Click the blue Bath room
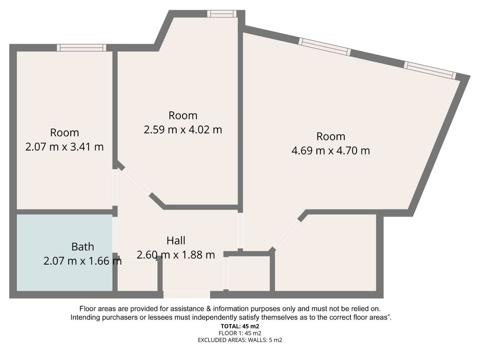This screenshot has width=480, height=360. pos(64,252)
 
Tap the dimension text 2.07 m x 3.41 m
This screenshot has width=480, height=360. pos(64,147)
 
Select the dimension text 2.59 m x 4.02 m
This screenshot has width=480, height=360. pos(183,130)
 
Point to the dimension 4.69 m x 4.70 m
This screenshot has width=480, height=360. pos(331,151)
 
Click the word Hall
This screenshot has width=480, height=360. pos(176,241)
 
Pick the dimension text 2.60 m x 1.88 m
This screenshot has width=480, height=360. pos(176,255)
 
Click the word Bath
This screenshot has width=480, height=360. pos(82,247)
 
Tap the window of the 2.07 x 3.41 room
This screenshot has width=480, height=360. pos(82,48)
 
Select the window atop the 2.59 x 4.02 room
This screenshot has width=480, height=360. pos(222,13)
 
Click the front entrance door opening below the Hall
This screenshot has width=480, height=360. pos(186,294)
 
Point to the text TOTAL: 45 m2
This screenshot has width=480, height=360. pos(240,326)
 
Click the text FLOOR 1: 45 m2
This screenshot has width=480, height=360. pos(240,333)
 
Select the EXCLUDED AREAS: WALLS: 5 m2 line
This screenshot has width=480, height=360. pos(240,340)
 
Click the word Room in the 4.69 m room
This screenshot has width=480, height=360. pos(331,136)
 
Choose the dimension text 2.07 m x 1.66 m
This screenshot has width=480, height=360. pos(82,261)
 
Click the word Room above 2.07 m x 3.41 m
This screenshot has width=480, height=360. pos(64,133)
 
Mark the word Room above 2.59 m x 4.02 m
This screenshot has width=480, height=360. pos(183,115)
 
